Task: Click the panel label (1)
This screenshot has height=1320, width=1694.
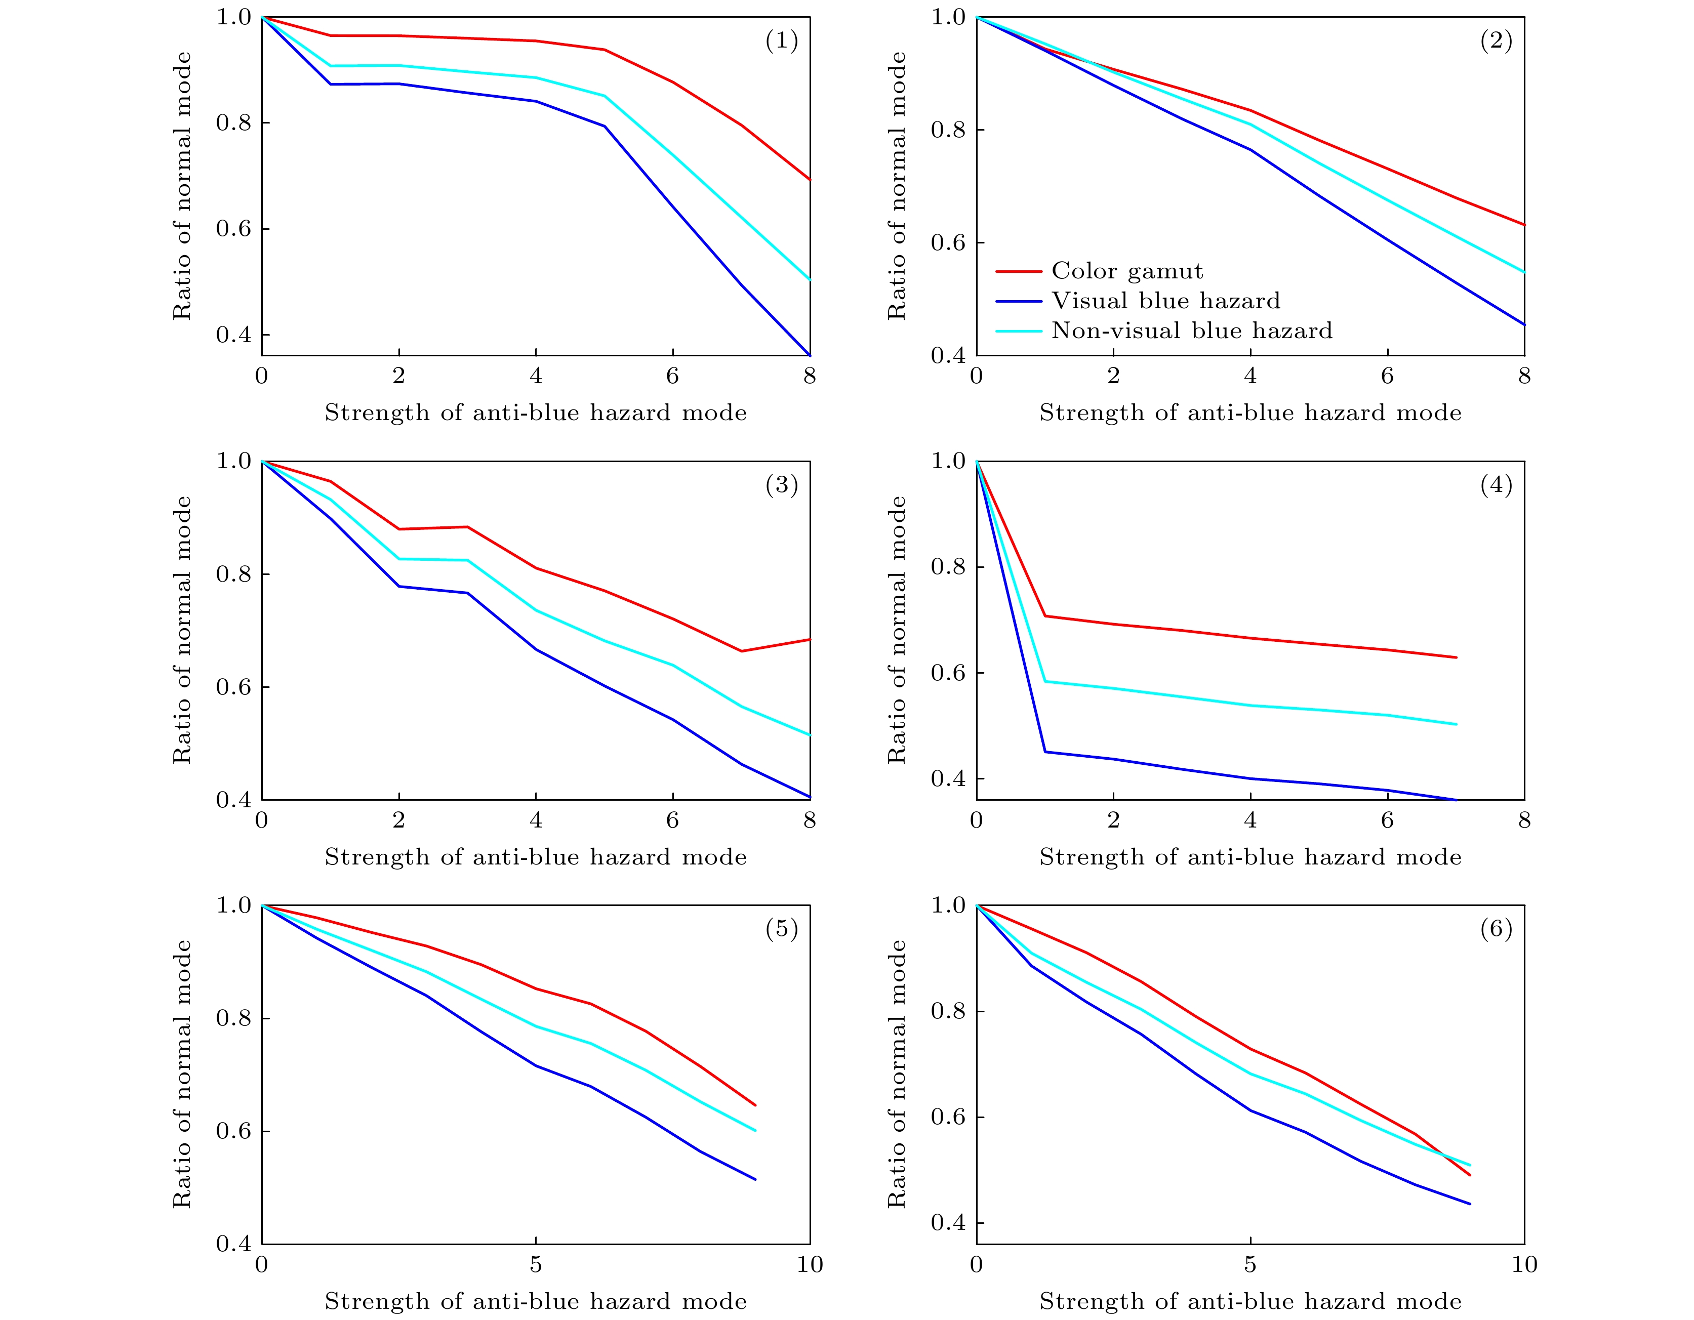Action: (x=781, y=40)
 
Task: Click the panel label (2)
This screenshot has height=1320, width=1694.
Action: (x=1496, y=40)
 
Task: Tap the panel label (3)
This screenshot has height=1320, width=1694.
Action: (x=781, y=485)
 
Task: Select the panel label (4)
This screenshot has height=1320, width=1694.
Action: (x=1496, y=485)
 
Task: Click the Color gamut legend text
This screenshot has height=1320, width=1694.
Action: (x=1127, y=271)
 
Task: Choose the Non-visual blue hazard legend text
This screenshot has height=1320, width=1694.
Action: (x=1191, y=331)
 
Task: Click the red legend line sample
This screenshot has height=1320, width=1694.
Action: (x=1019, y=271)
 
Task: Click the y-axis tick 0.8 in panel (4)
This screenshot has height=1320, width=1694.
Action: (x=948, y=567)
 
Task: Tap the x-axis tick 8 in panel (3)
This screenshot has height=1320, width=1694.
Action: (x=810, y=820)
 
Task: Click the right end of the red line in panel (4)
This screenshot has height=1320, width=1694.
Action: (x=1457, y=657)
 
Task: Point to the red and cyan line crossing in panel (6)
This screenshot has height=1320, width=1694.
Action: (x=1449, y=1159)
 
